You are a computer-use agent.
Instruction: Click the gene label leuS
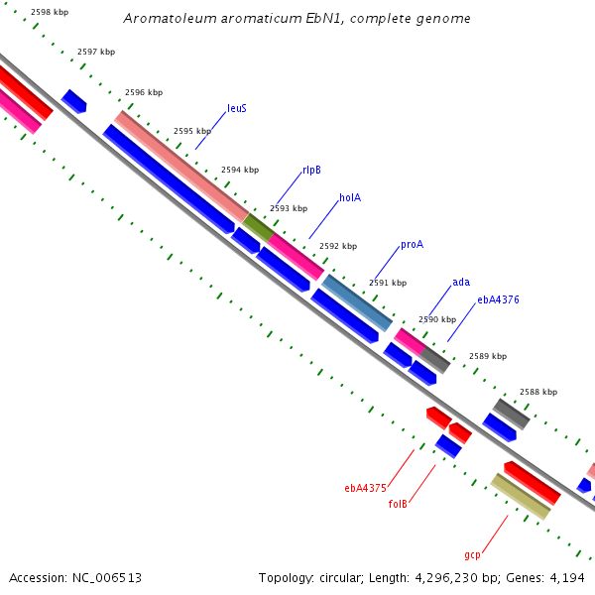(237, 108)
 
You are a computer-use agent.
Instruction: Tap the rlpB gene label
(311, 170)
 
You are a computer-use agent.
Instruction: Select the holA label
(350, 197)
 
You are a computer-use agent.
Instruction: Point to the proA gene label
(413, 245)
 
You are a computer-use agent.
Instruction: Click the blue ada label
(461, 282)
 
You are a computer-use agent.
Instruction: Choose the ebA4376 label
(498, 299)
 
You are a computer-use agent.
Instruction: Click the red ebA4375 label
(365, 488)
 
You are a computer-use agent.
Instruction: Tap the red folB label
(398, 504)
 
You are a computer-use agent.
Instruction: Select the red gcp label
(472, 555)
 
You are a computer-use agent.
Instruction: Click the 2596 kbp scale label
(144, 92)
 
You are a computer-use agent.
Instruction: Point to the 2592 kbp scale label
(338, 246)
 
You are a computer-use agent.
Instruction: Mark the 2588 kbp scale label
(538, 392)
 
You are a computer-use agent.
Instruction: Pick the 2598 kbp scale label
(50, 12)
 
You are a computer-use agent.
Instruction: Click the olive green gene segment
(258, 227)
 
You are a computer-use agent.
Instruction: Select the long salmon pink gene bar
(181, 167)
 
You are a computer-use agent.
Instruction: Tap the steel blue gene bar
(357, 302)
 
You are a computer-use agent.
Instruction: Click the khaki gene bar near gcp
(521, 497)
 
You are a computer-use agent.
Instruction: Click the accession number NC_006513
(107, 578)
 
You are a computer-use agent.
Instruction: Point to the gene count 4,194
(567, 578)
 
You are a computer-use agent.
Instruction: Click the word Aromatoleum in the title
(170, 18)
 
